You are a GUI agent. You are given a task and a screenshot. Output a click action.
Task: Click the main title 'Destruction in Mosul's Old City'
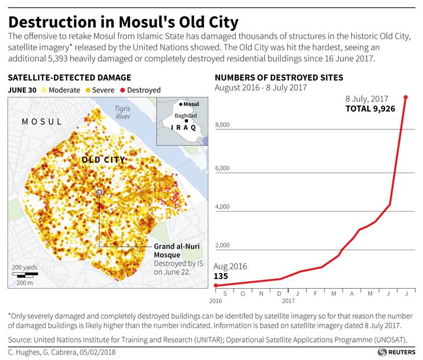click(x=123, y=22)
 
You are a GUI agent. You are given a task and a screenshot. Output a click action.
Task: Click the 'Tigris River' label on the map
click(x=122, y=113)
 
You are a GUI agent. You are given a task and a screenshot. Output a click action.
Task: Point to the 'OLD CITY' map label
click(x=103, y=160)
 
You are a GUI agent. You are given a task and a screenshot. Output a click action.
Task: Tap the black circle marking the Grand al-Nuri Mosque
click(x=99, y=192)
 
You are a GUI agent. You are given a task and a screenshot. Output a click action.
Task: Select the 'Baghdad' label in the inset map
click(x=186, y=116)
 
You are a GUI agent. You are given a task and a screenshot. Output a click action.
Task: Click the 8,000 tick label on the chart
click(x=222, y=125)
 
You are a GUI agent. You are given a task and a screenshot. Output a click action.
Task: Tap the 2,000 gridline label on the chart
click(x=222, y=245)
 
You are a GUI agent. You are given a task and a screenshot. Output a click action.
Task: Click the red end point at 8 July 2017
click(x=405, y=97)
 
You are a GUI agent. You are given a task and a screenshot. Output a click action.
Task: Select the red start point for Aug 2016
click(x=216, y=285)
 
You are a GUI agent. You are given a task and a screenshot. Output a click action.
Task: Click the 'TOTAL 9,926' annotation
click(x=370, y=109)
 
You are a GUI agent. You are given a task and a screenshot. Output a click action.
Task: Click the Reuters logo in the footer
click(x=397, y=352)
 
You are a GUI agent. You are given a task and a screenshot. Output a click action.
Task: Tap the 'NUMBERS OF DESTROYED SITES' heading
click(x=279, y=77)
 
